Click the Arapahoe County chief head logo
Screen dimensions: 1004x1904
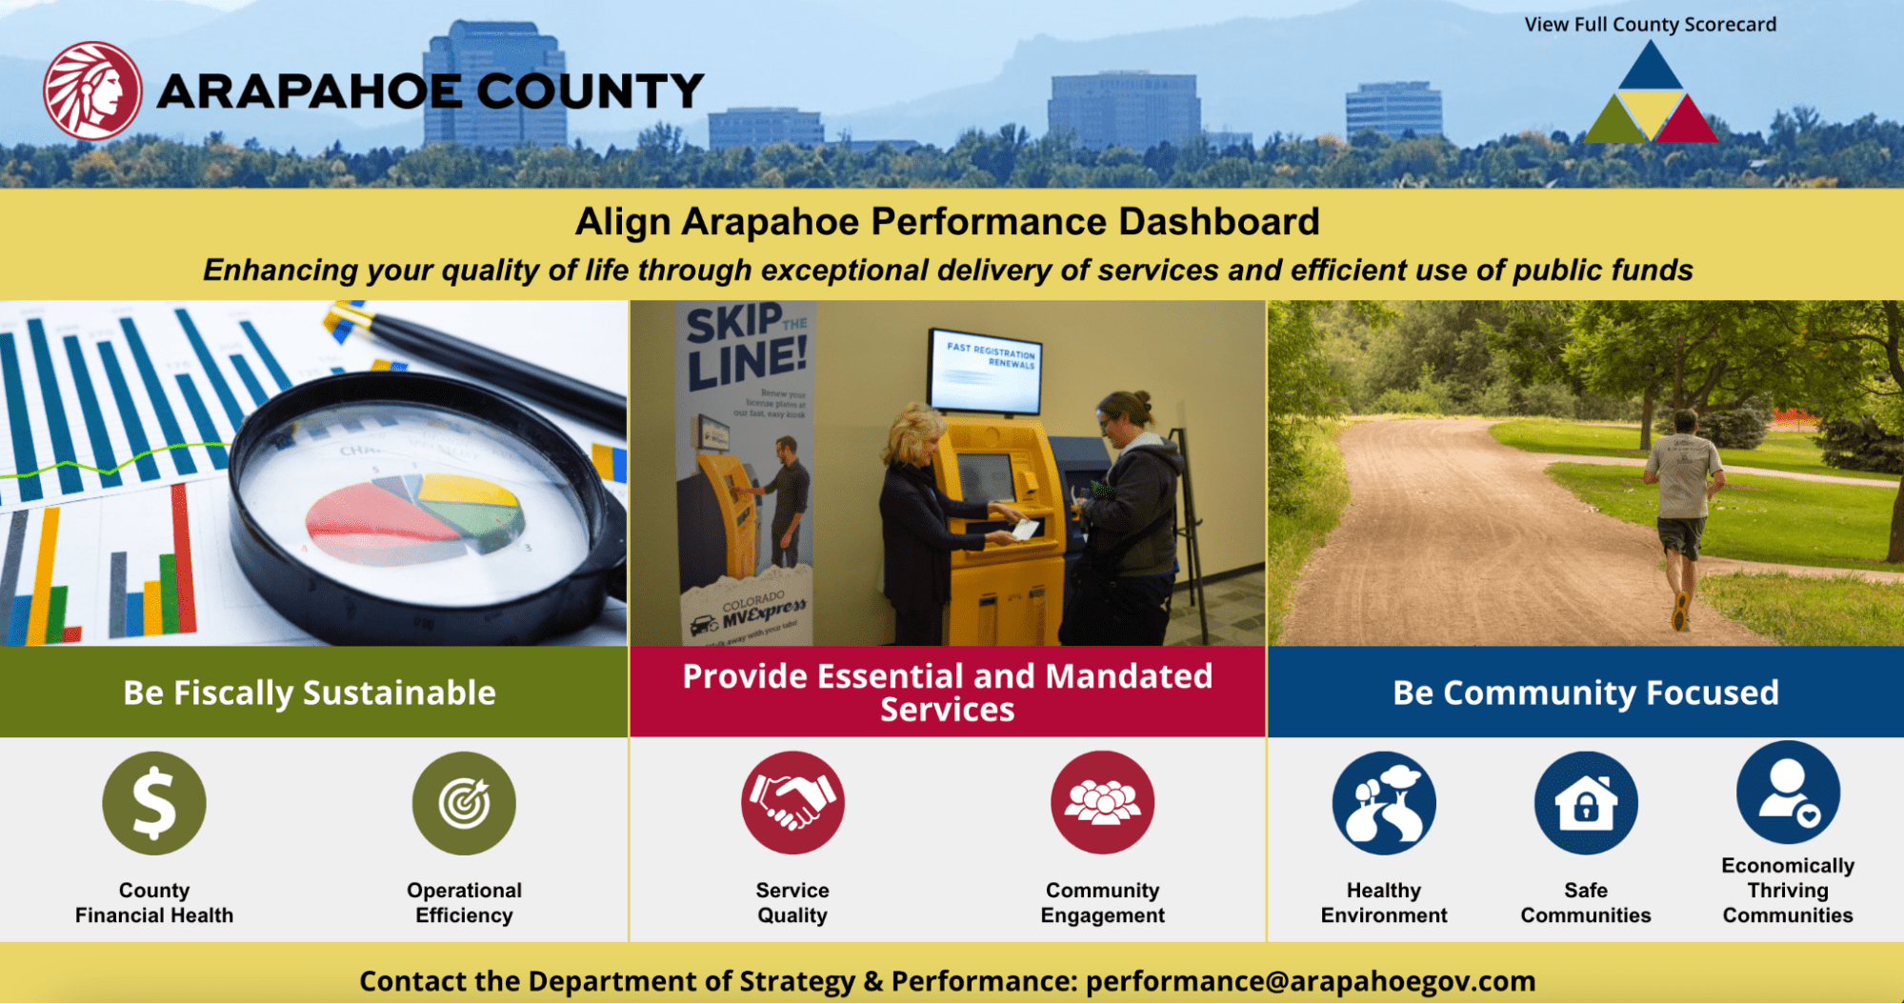point(92,90)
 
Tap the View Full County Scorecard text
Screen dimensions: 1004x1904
point(1650,25)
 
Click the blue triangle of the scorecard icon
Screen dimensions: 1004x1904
point(1651,69)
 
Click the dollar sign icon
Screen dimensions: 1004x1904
point(154,803)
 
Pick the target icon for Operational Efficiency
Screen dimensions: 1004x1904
point(464,803)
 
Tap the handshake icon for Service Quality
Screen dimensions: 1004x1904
point(792,802)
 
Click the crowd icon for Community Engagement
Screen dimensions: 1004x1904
point(1102,802)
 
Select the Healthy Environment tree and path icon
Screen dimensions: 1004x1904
point(1384,803)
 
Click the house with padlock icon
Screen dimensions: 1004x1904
point(1586,803)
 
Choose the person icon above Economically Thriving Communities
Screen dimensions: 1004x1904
point(1788,792)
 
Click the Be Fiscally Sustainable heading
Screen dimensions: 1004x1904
point(310,693)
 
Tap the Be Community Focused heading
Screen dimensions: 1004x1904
point(1585,693)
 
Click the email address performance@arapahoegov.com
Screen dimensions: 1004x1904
point(1311,981)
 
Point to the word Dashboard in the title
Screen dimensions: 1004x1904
point(1218,222)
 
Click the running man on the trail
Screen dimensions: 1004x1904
point(1683,505)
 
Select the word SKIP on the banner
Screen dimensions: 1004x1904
point(733,324)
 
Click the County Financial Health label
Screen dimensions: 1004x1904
point(154,902)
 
